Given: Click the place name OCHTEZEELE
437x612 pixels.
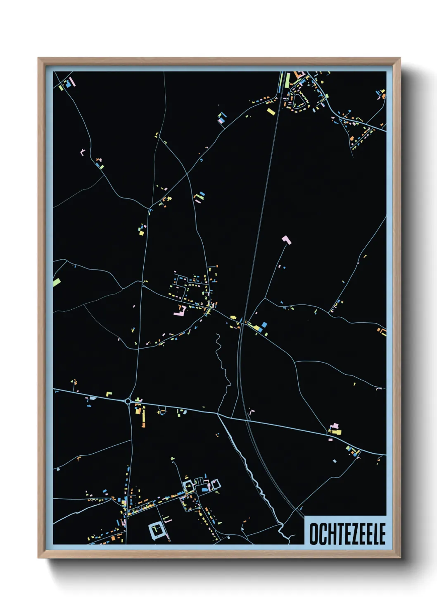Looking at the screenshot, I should coord(347,534).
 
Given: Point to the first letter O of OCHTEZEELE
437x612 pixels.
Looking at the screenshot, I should coord(314,534).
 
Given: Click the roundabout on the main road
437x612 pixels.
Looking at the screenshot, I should coord(128,401).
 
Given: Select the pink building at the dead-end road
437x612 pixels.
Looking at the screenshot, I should coord(286,239).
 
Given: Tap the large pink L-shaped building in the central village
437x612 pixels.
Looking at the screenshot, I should coord(180,311).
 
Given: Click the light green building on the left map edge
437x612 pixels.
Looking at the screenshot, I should coord(57,282).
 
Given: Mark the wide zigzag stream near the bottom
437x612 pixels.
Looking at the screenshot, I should coord(256,480).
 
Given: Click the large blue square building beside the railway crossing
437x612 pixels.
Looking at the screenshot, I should coord(264,325).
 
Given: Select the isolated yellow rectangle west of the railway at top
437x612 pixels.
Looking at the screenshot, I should coord(271,111).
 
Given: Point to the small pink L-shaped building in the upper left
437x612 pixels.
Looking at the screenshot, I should coord(83,152).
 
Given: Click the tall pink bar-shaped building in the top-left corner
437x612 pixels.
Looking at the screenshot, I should coord(74,82).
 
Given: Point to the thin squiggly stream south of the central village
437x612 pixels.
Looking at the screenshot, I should coord(223,364).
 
